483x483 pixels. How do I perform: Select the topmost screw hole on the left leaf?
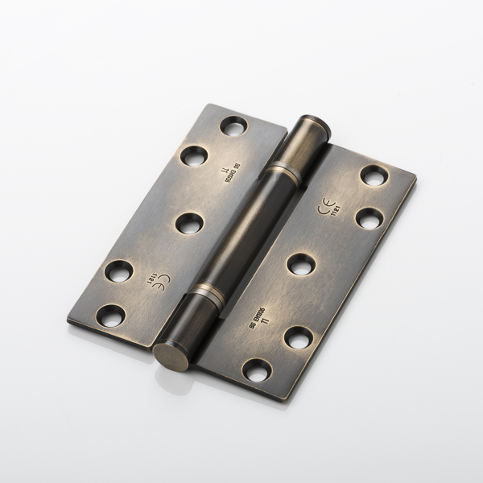point(233,126)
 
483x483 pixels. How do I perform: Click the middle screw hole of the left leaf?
point(188,223)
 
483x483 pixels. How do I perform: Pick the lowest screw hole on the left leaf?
point(110,316)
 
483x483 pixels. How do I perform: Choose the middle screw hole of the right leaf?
point(300,264)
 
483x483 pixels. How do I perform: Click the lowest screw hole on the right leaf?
point(257,370)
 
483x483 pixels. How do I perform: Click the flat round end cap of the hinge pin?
point(170,353)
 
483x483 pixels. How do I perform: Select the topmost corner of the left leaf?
point(212,104)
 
